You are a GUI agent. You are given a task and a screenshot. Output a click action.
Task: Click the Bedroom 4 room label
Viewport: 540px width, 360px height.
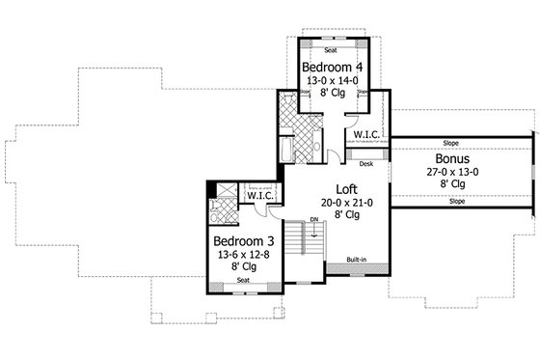pos(330,68)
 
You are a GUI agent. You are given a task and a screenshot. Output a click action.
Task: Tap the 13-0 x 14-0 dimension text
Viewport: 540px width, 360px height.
pos(330,82)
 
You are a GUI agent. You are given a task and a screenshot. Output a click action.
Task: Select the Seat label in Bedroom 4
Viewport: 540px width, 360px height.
pos(330,49)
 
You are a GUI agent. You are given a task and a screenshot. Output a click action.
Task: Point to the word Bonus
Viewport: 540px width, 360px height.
pos(452,157)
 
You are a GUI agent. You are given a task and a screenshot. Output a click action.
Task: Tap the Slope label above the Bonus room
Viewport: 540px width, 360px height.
pos(451,142)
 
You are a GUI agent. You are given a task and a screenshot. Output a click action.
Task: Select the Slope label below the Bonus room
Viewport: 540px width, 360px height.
pos(451,203)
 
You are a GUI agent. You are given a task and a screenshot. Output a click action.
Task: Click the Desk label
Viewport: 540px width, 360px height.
pos(366,165)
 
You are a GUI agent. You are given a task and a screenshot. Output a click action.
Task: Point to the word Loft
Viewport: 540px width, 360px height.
pos(347,189)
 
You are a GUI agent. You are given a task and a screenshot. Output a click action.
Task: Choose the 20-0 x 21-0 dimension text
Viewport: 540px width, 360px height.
pos(347,203)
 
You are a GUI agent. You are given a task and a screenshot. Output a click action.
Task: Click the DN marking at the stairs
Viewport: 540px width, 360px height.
pos(314,220)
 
